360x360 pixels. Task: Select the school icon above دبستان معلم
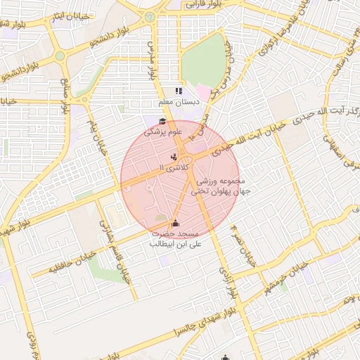tap(179, 91)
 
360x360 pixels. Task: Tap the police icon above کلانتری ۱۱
tap(174, 156)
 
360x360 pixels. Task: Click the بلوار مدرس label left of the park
tap(150, 53)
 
